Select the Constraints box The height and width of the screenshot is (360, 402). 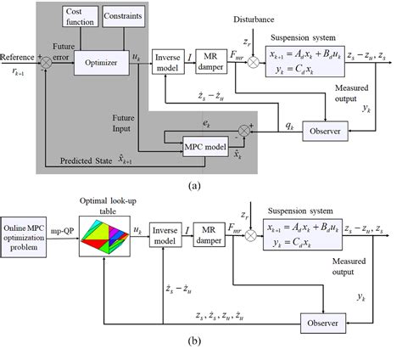(x=124, y=16)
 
